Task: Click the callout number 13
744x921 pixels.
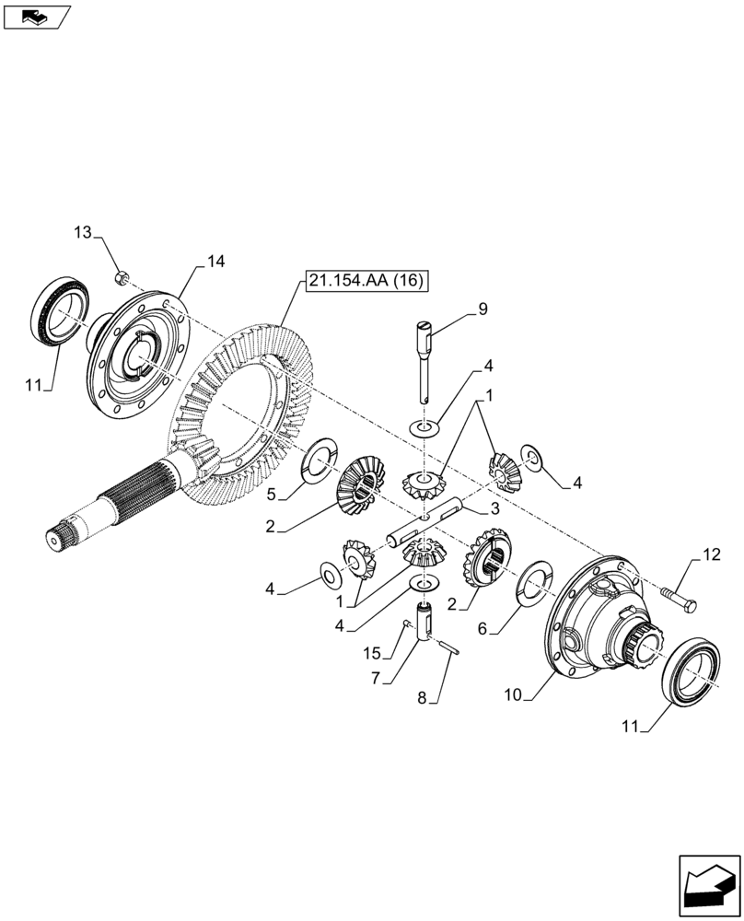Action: pyautogui.click(x=83, y=233)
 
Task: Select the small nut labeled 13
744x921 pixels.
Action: pyautogui.click(x=121, y=276)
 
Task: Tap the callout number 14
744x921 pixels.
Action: pyautogui.click(x=215, y=262)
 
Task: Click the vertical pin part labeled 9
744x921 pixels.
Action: pyautogui.click(x=427, y=359)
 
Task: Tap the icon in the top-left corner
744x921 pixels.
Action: pyautogui.click(x=36, y=16)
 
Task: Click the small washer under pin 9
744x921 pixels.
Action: pyautogui.click(x=424, y=426)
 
